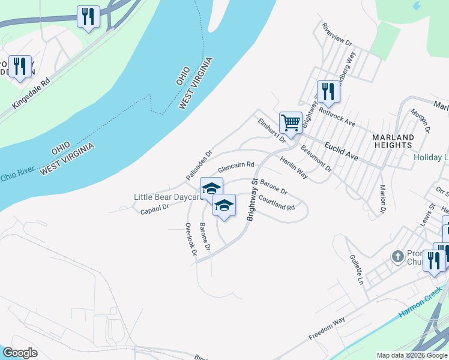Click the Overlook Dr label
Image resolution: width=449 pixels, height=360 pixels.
point(191,240)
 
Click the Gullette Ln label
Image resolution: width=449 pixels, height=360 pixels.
point(357,269)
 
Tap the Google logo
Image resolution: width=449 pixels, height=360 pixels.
point(20,353)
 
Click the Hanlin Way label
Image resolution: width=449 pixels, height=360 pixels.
point(294,168)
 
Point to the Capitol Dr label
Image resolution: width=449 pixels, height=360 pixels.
point(155,209)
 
